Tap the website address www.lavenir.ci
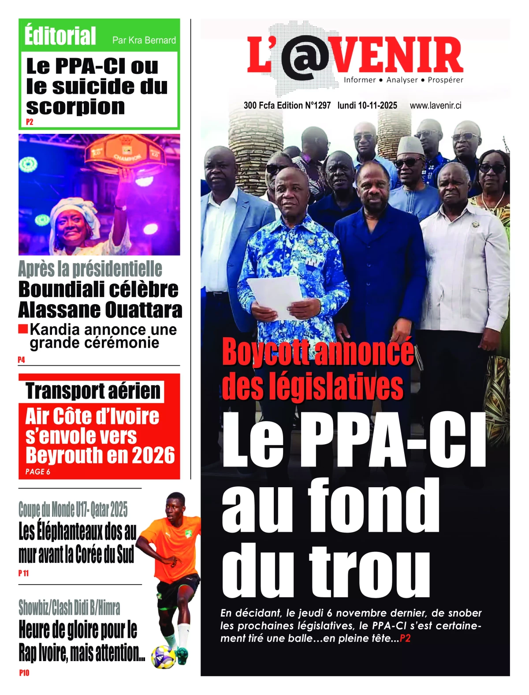pyautogui.click(x=436, y=106)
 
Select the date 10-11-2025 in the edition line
pyautogui.click(x=377, y=106)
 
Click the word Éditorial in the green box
pyautogui.click(x=60, y=36)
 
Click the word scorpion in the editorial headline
pyautogui.click(x=75, y=107)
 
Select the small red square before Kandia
pyautogui.click(x=23, y=329)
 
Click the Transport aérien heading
pyautogui.click(x=93, y=391)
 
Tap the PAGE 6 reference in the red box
pyautogui.click(x=38, y=471)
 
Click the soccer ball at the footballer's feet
pyautogui.click(x=164, y=656)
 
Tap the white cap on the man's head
pyautogui.click(x=410, y=146)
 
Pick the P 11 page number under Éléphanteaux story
pyautogui.click(x=23, y=573)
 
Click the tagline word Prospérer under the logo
pyautogui.click(x=445, y=80)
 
